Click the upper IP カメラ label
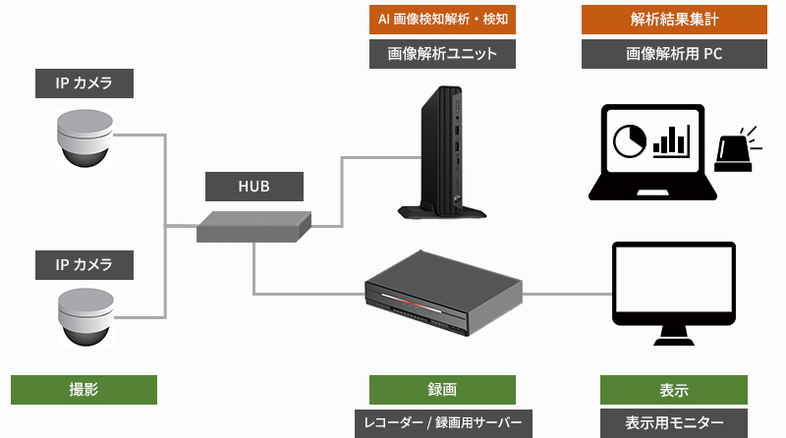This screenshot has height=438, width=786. (84, 83)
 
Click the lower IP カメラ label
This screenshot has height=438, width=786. (84, 264)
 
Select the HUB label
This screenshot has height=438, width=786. (254, 187)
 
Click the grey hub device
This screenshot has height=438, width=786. (254, 227)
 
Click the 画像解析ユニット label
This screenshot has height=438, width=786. (443, 54)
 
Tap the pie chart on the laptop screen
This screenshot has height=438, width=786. (630, 141)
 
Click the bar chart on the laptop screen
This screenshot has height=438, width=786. (672, 140)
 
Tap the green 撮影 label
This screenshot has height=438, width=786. (84, 390)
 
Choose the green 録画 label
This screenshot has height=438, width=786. (443, 390)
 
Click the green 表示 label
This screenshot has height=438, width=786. (673, 390)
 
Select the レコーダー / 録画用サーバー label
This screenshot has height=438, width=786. (443, 423)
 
